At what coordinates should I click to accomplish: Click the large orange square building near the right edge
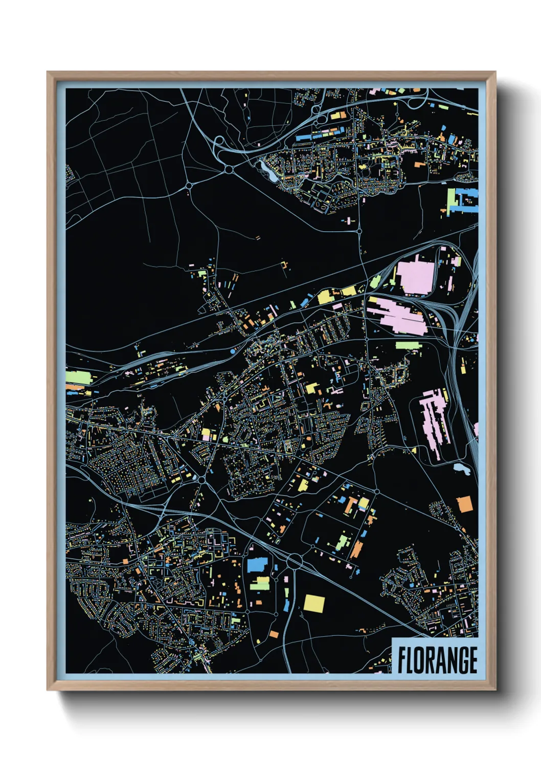465,504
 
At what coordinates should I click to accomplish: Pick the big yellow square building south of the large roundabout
314,603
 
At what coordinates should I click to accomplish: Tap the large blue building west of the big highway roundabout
258,564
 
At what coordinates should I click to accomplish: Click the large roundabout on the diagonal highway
295,562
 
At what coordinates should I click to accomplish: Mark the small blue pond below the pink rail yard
462,469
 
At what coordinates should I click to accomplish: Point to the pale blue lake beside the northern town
269,170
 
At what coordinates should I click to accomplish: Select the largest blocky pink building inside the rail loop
415,277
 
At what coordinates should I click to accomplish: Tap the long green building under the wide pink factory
409,346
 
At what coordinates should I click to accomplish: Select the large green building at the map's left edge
78,378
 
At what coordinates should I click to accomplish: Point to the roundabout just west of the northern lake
229,169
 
